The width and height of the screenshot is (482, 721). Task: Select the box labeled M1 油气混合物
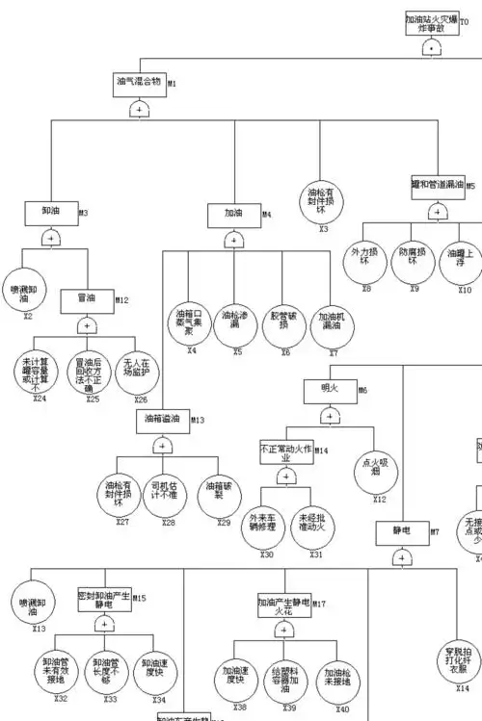click(x=140, y=82)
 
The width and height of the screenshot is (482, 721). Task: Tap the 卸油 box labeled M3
click(x=51, y=212)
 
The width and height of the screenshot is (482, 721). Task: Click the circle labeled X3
click(x=323, y=200)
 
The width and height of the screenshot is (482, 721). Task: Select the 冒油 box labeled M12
click(x=87, y=299)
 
